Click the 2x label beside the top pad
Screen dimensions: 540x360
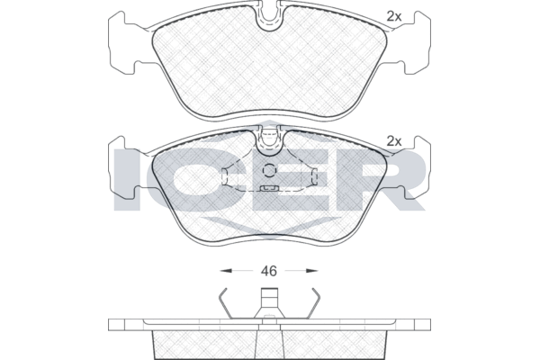click(x=394, y=16)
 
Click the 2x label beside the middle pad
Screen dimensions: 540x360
click(x=394, y=141)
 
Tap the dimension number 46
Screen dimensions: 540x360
click(x=268, y=271)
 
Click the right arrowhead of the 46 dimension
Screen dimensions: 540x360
click(x=312, y=271)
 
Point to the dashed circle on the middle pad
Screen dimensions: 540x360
click(x=269, y=170)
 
